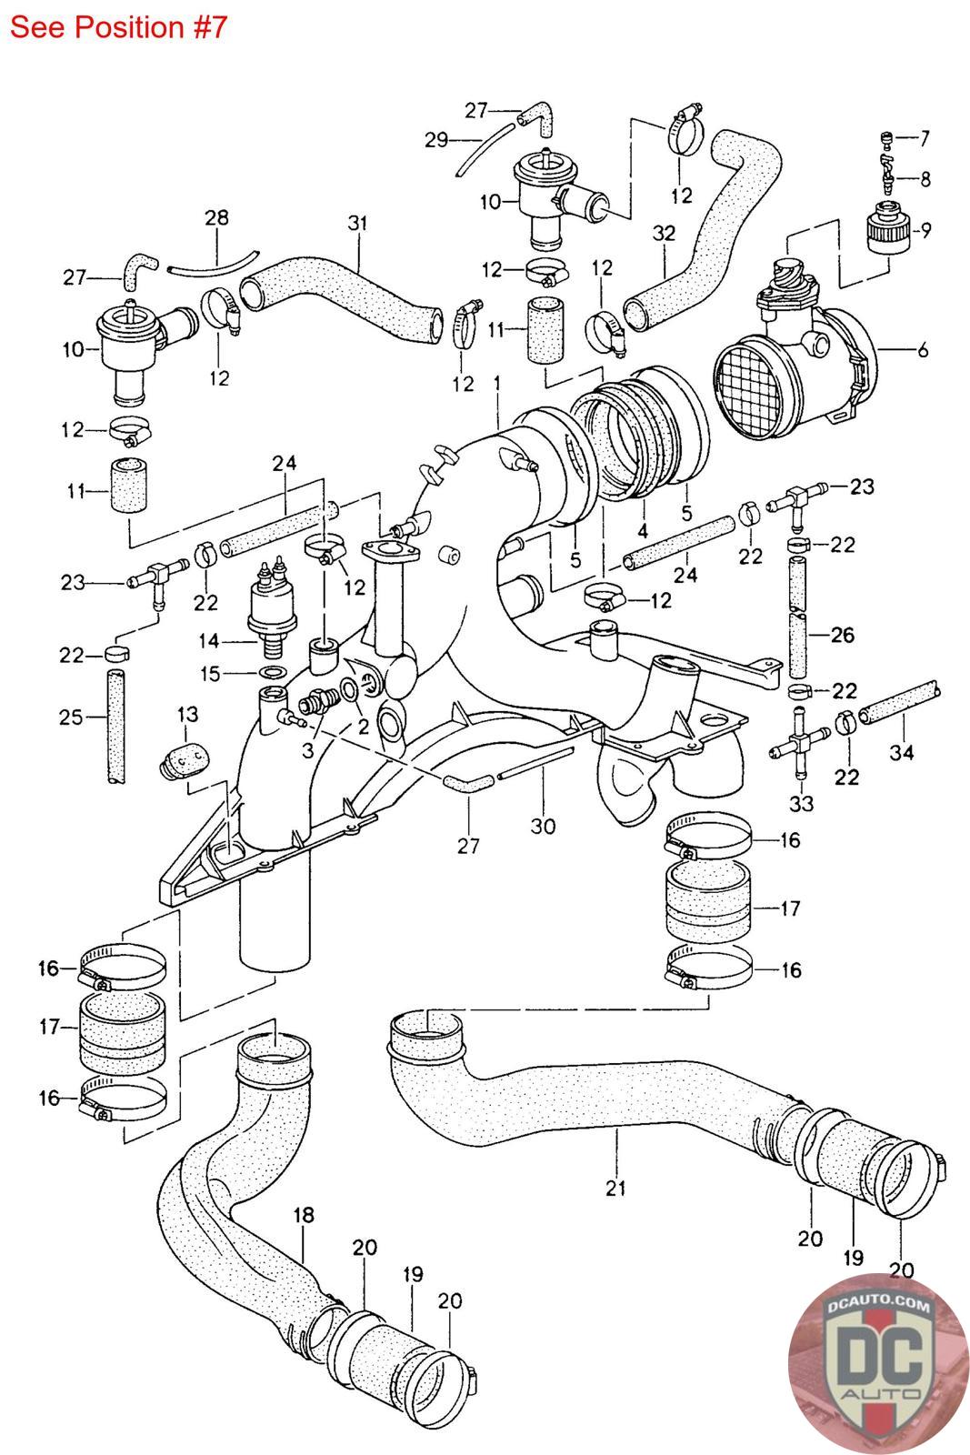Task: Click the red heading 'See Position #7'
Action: [118, 27]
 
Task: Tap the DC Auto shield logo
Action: [877, 1364]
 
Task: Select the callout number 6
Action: [923, 350]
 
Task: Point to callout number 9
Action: [925, 230]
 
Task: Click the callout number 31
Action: [358, 223]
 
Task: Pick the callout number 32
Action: [664, 233]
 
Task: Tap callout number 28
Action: [217, 217]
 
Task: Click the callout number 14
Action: [208, 641]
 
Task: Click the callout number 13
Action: [187, 715]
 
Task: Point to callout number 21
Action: [615, 1188]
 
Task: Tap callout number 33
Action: [801, 804]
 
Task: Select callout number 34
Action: [901, 752]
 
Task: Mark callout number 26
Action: [842, 635]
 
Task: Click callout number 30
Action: [543, 827]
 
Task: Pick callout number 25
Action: [71, 717]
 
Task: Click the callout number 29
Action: [436, 140]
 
